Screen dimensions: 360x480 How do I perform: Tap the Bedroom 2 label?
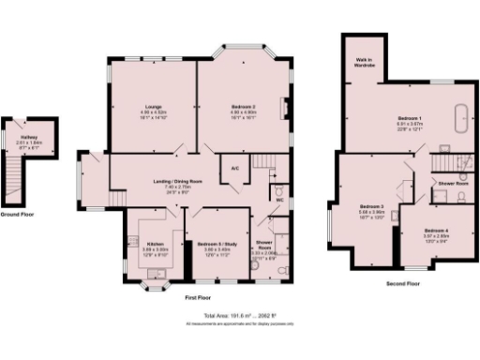[x=243, y=108]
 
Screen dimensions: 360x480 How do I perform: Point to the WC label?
[x=280, y=200]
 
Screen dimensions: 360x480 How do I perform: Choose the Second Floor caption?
[x=403, y=282]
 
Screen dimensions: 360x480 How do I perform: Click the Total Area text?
[x=240, y=317]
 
